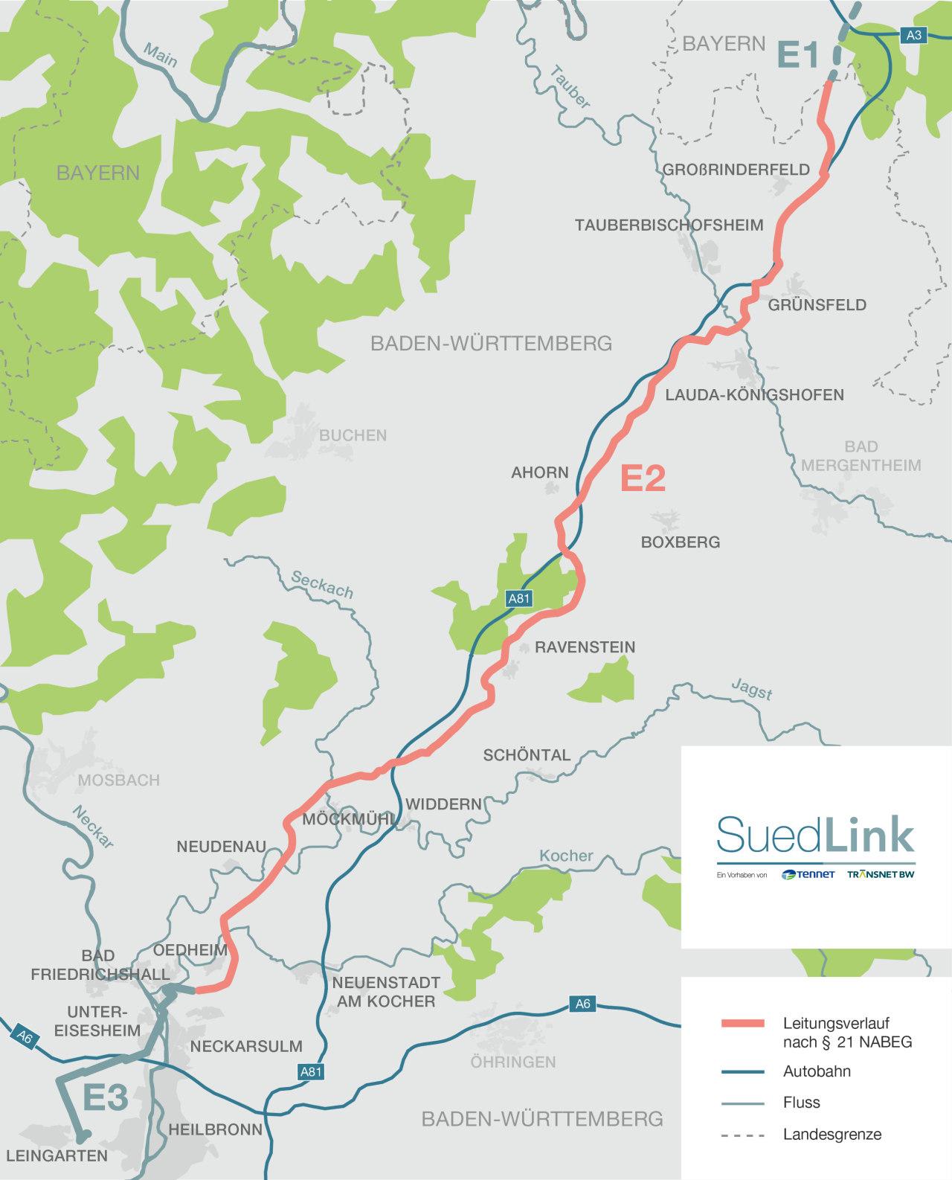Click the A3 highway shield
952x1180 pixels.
click(913, 35)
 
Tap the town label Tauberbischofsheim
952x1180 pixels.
click(669, 225)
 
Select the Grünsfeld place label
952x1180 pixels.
click(817, 305)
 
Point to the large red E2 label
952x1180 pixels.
click(643, 478)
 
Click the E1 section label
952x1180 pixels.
click(797, 55)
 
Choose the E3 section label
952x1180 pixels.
click(105, 1097)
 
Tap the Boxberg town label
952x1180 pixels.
click(681, 542)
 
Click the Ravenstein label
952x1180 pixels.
click(585, 647)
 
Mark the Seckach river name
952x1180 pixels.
click(322, 584)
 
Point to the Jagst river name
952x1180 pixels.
click(752, 689)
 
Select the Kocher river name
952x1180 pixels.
click(566, 856)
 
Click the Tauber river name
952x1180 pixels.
click(570, 87)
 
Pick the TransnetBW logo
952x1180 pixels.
click(881, 874)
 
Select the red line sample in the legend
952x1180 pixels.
click(742, 1023)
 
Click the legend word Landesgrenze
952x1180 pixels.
click(832, 1135)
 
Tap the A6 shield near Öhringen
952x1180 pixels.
click(583, 1004)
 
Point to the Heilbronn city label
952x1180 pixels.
click(215, 1129)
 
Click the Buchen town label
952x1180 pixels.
click(353, 435)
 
